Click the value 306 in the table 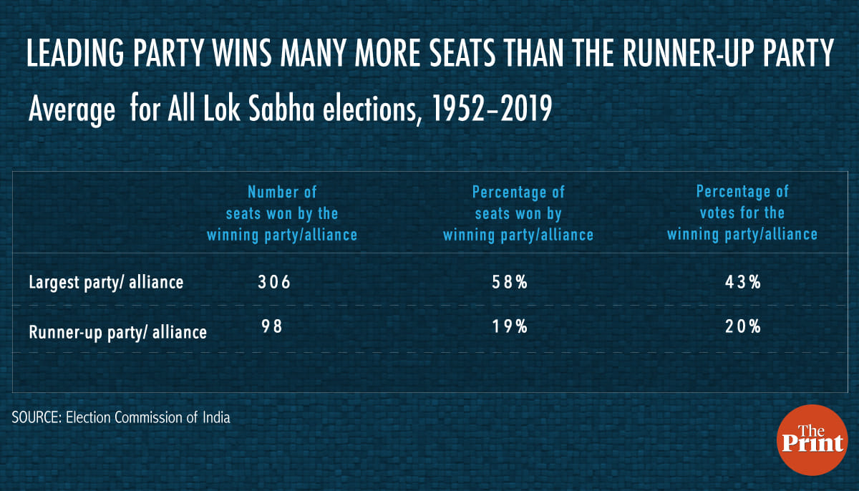pos(274,282)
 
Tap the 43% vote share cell pos(742,282)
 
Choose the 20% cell pos(742,327)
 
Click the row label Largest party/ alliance pos(106,283)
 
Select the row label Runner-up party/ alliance pos(117,332)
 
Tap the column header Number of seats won pos(282,213)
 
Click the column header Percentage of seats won pos(518,213)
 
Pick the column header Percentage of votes pos(742,213)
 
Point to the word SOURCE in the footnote pos(35,417)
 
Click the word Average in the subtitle pos(71,112)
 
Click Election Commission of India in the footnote pos(148,417)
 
